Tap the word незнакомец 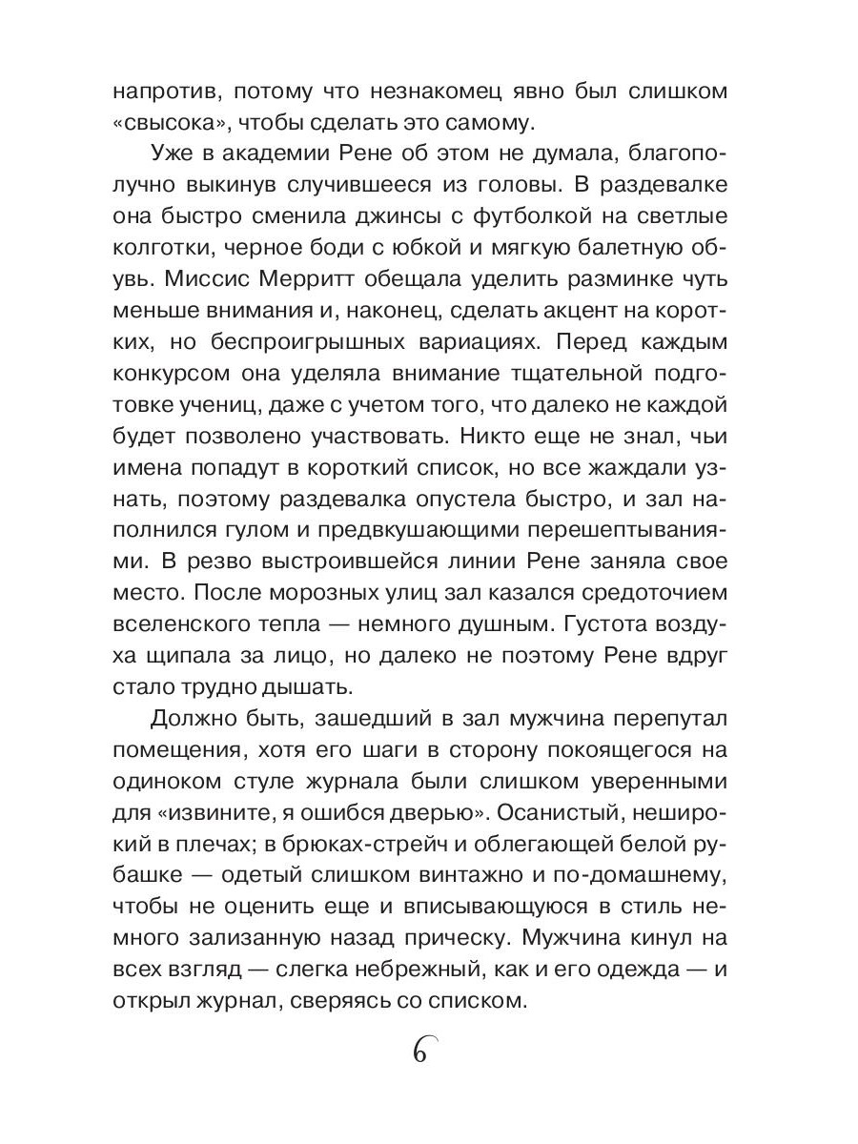399,92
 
